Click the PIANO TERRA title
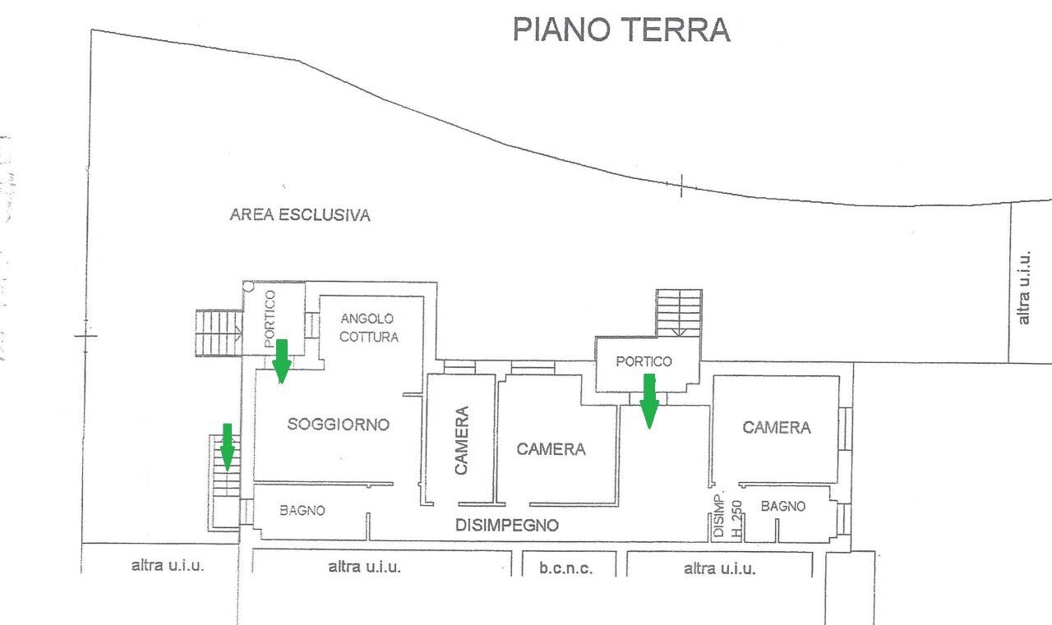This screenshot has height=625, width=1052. coord(621,29)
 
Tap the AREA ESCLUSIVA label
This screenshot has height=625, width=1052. coord(300,215)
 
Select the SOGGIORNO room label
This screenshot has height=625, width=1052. coord(338,425)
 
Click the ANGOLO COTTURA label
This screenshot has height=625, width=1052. coord(369,328)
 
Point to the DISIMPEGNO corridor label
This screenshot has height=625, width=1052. coord(507,526)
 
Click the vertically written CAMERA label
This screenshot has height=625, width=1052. coord(461,440)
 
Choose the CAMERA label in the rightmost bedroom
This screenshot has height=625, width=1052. coord(776,428)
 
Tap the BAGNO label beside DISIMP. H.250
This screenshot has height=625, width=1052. coord(782,507)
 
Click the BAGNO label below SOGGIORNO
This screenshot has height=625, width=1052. coord(302,510)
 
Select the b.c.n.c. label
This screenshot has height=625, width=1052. coord(566,568)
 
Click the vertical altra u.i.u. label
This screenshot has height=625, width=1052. coord(1023,287)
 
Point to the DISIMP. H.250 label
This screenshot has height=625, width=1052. coord(727,518)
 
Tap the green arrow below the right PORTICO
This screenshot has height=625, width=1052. coord(649,400)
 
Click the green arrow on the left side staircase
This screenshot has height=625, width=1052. coord(228,446)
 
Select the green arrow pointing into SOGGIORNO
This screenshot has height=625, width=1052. coord(282,361)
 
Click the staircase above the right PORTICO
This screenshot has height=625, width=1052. coord(679,312)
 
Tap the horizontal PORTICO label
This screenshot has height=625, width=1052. coord(644,361)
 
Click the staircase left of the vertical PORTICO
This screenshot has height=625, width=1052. coord(218,333)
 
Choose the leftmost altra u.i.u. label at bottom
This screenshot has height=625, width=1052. coord(168,566)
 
